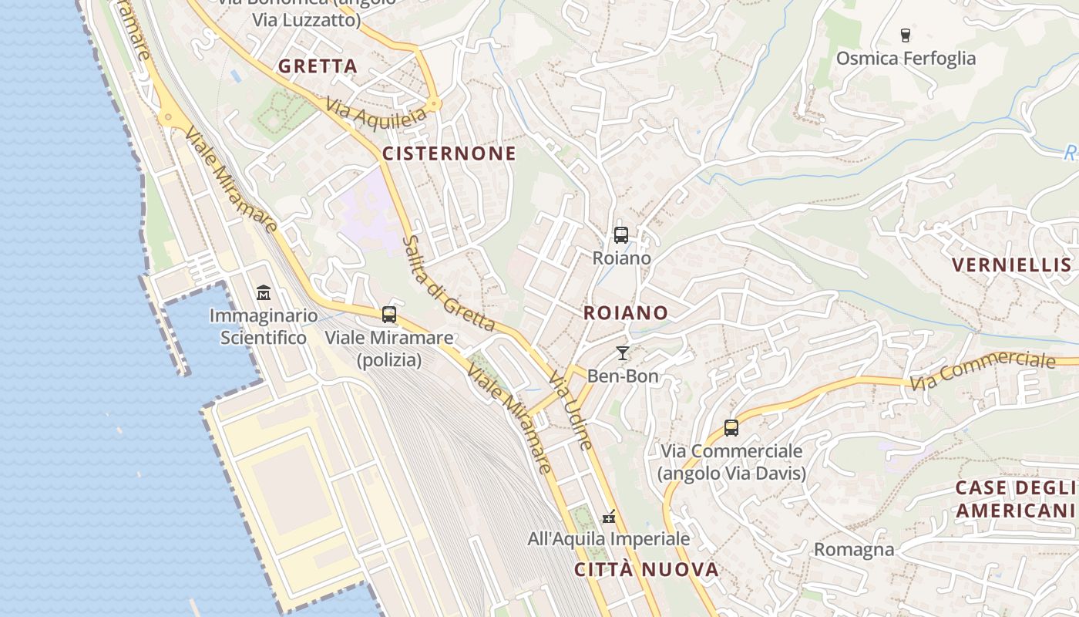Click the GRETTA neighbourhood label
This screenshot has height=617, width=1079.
click(x=318, y=66)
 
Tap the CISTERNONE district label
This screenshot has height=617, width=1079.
click(x=449, y=153)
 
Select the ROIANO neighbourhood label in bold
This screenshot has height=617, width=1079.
click(x=625, y=312)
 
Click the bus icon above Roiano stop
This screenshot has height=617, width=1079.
click(x=621, y=235)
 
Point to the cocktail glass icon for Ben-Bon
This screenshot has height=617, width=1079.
click(x=623, y=353)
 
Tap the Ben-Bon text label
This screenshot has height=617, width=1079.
click(x=623, y=376)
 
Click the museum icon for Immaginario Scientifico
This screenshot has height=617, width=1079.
click(x=264, y=293)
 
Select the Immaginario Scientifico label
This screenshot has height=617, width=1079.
click(x=264, y=326)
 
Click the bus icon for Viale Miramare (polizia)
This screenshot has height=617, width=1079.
click(x=389, y=315)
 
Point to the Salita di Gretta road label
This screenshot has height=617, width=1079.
click(x=446, y=284)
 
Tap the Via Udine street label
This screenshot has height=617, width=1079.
click(x=571, y=410)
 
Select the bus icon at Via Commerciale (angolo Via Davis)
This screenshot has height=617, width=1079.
click(x=731, y=427)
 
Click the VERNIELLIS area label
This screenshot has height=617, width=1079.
click(x=1011, y=265)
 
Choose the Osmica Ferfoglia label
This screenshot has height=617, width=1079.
click(x=906, y=59)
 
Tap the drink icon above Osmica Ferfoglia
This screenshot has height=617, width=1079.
click(x=906, y=35)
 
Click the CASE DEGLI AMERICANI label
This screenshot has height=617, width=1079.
click(x=1015, y=499)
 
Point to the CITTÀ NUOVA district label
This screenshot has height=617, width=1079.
click(x=647, y=570)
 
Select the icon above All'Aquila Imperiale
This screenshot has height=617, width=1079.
click(x=609, y=516)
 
